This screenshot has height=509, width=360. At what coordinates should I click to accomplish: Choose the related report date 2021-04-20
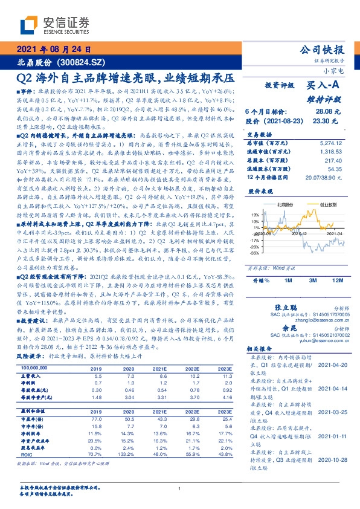coord(332,365)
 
